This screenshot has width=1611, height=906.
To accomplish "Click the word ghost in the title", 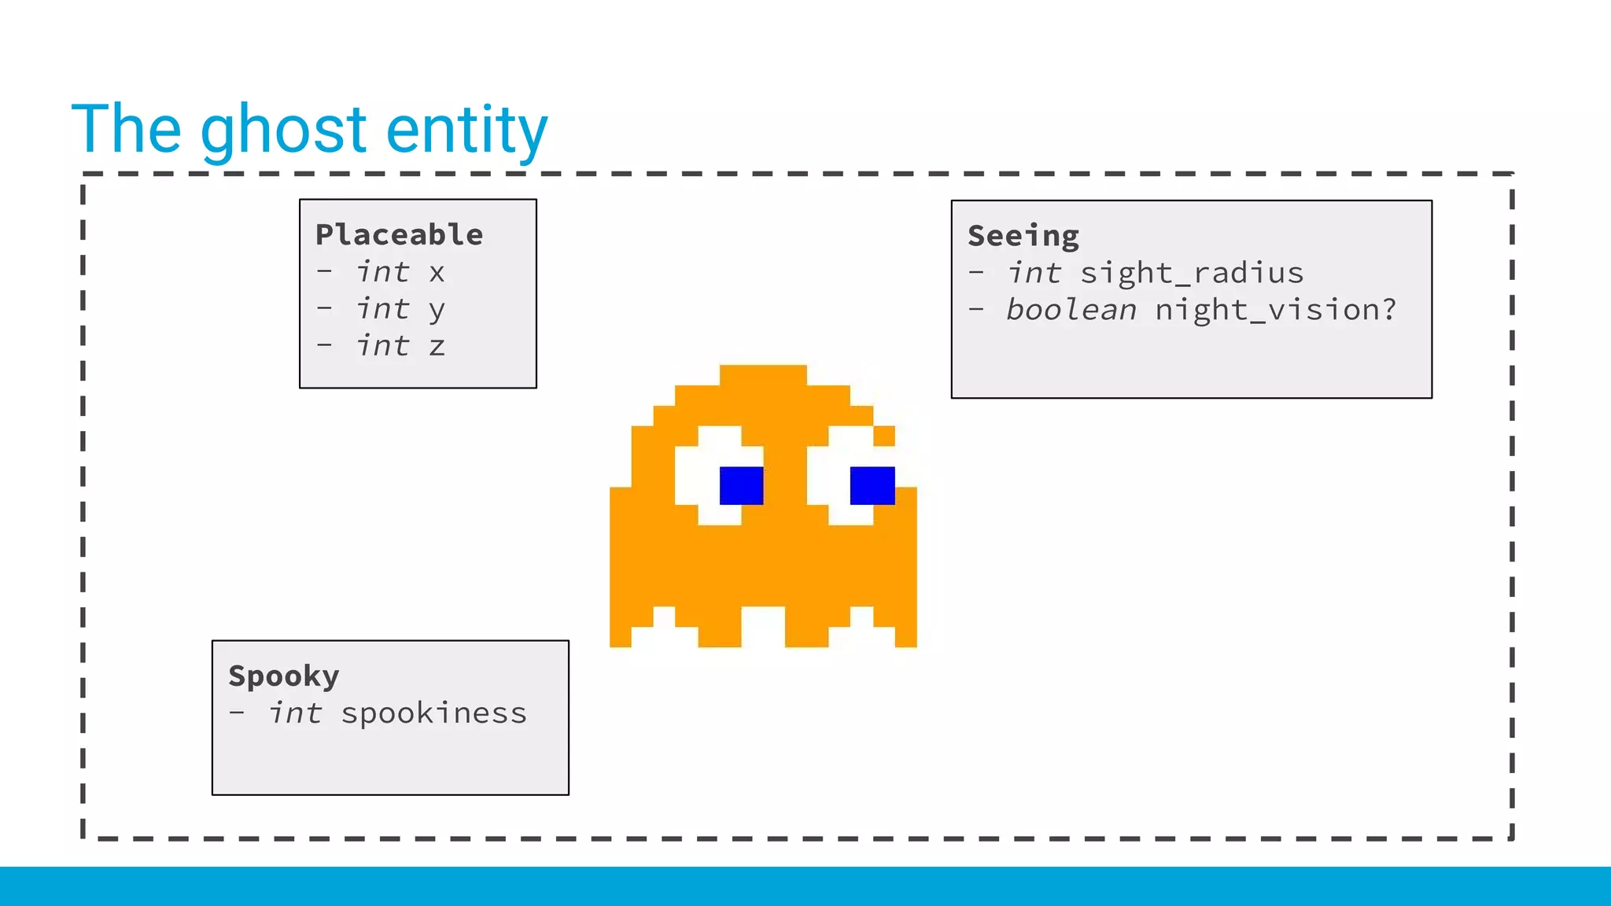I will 283,131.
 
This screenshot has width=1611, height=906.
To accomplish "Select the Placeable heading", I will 399,234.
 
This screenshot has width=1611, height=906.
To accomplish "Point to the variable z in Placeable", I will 437,347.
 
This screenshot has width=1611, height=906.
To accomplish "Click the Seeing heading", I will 1023,236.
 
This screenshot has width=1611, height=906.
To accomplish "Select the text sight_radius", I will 1191,274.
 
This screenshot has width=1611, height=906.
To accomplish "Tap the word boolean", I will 1071,310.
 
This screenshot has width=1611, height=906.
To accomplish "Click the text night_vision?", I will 1275,310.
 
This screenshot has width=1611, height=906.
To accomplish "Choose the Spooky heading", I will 283,676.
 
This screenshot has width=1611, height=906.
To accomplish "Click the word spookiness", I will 433,714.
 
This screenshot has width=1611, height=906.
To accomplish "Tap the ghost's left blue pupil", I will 741,485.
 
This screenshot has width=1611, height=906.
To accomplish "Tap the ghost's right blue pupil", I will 872,485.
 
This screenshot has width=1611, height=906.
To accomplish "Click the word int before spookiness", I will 295,713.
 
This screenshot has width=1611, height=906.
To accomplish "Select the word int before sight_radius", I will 1034,273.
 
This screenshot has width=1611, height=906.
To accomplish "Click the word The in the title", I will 126,129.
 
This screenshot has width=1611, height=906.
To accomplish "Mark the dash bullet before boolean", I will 976,309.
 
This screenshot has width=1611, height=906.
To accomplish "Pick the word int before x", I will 382,272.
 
